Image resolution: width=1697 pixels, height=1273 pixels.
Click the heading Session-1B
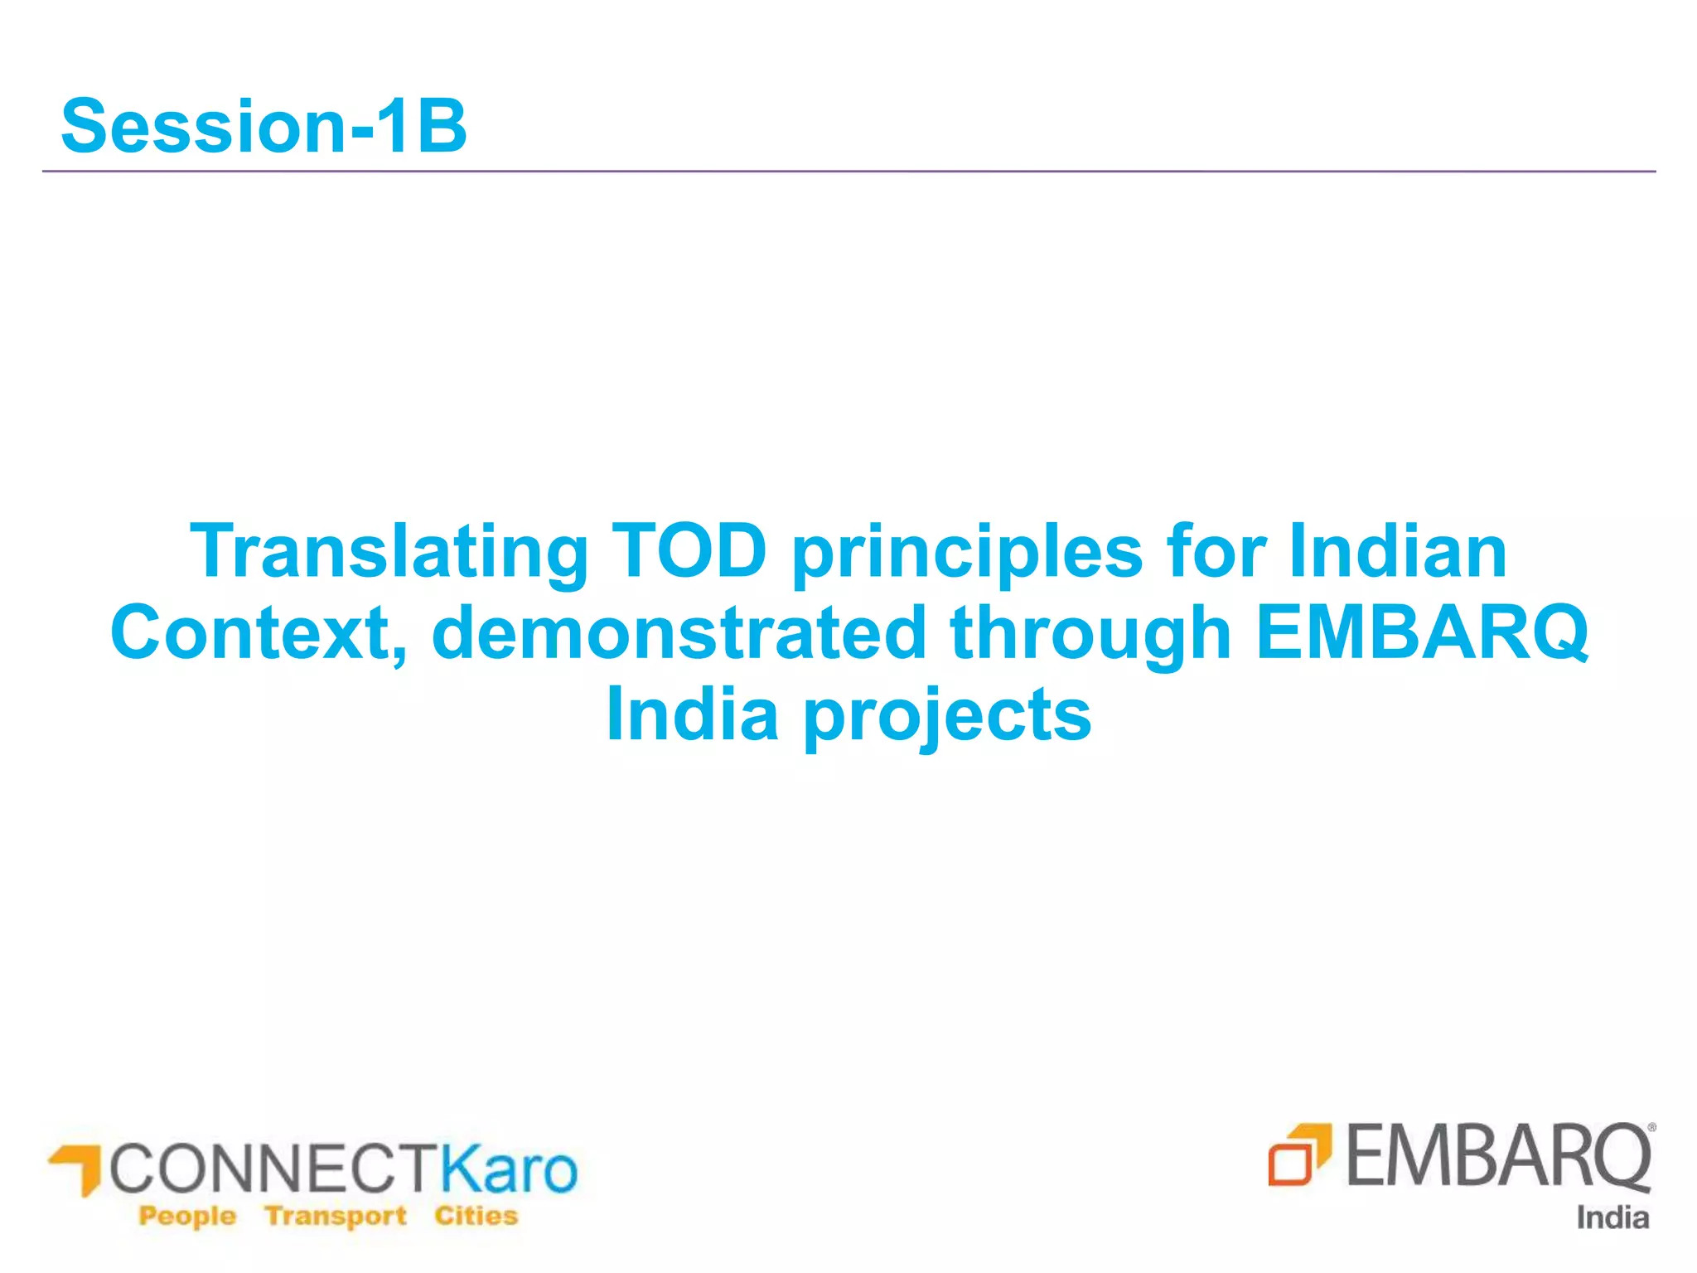tap(263, 126)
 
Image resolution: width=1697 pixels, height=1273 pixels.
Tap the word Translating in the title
tap(389, 552)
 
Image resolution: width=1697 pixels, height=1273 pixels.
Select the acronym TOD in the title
tap(689, 550)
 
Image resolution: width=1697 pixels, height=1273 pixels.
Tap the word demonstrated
tap(679, 633)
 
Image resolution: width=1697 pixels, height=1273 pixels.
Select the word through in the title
tap(1090, 635)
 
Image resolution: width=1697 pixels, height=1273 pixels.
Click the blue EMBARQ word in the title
tap(1422, 633)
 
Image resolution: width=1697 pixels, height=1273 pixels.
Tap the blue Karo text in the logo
tap(507, 1169)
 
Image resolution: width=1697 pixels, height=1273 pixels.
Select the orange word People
tap(187, 1216)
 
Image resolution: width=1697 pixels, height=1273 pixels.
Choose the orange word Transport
tap(336, 1216)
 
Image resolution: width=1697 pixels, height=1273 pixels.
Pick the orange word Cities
tap(476, 1216)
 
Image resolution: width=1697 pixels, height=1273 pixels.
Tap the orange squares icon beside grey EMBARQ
tap(1298, 1154)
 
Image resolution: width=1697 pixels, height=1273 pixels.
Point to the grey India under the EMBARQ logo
tap(1612, 1217)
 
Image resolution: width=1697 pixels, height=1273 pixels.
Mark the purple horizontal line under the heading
tap(848, 172)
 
